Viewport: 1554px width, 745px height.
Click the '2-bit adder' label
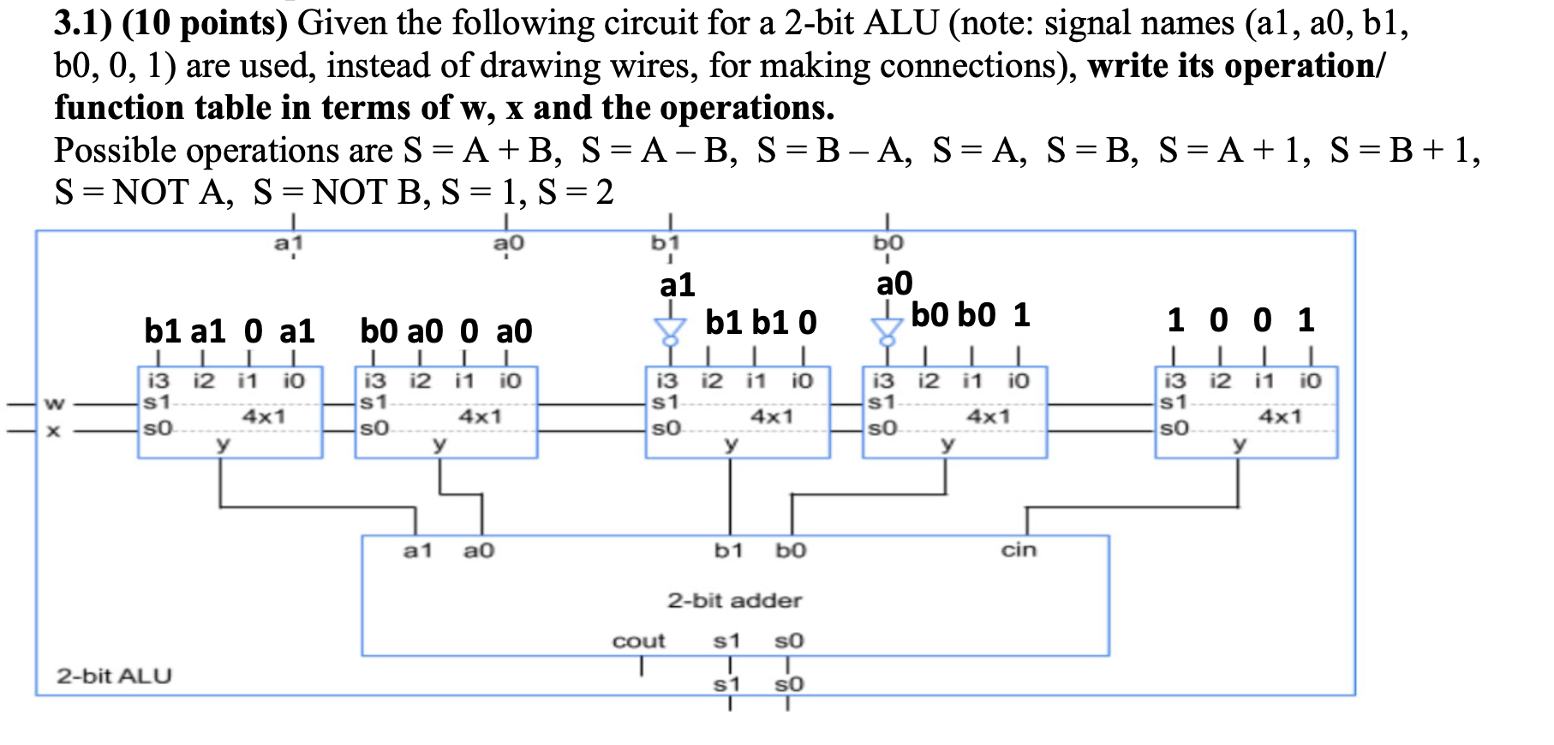coord(734,600)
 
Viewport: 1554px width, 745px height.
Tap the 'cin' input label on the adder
coord(1019,550)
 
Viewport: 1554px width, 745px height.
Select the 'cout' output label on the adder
coord(638,641)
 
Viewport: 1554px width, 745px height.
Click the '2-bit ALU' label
coord(114,676)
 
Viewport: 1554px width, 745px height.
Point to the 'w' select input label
coord(54,402)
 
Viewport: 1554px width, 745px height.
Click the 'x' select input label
coord(54,431)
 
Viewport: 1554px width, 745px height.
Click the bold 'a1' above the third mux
coord(677,285)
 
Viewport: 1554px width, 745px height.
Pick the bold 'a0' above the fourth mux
coord(894,283)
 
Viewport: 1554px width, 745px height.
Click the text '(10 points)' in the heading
coord(205,23)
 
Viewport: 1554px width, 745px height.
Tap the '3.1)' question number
coord(83,23)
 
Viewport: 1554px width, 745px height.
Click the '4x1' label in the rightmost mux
coord(1280,417)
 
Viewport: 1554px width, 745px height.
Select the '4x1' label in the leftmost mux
coord(263,417)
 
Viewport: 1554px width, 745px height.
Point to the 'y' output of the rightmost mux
coord(1239,444)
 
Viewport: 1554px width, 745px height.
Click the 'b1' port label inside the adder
coord(728,550)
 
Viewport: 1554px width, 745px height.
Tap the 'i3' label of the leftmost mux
coord(158,380)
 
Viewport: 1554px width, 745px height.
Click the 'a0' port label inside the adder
coord(478,550)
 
